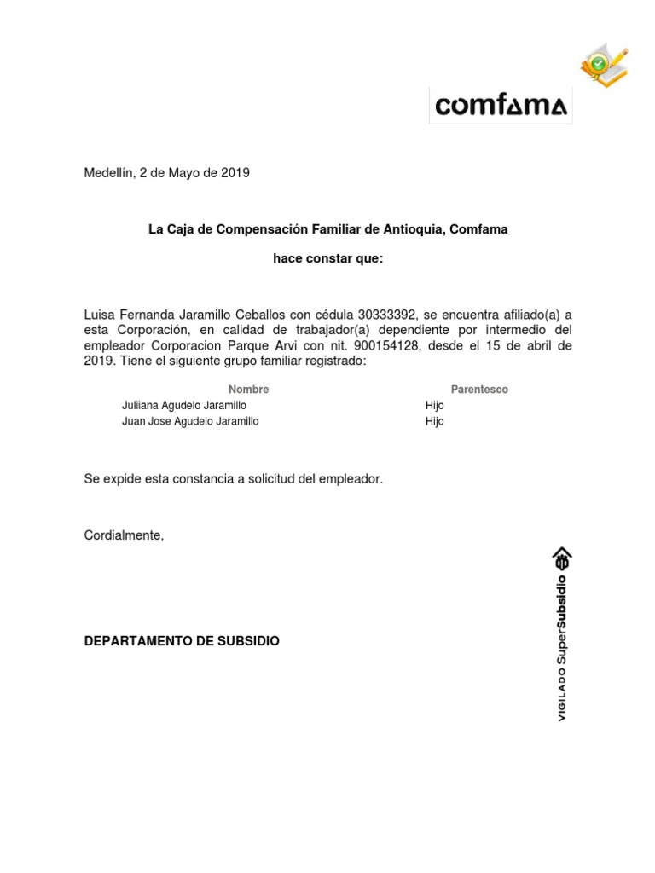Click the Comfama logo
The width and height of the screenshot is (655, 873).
500,106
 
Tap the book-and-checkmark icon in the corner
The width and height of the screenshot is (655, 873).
605,65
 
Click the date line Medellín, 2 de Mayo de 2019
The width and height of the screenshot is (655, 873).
166,173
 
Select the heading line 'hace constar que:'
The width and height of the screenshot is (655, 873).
327,258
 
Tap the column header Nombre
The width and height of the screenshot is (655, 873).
248,390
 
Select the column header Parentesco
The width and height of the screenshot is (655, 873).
479,390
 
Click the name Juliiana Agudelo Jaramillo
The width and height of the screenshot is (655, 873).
184,406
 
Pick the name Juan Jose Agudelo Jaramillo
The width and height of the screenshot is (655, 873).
190,421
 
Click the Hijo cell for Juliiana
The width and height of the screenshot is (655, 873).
435,406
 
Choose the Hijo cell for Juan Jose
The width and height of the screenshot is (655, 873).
435,421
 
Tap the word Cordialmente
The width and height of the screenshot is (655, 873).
123,535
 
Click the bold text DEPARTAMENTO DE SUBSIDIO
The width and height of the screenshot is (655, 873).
182,640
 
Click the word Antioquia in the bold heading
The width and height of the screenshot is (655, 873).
414,229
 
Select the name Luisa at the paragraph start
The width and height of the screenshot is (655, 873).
101,315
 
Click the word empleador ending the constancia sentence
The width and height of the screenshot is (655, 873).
350,479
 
